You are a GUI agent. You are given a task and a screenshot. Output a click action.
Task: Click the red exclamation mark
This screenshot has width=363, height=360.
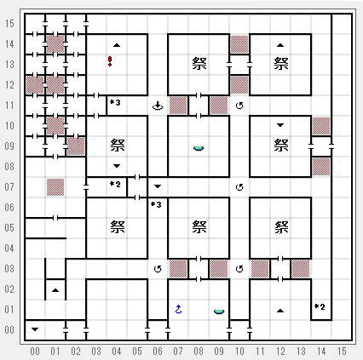110,61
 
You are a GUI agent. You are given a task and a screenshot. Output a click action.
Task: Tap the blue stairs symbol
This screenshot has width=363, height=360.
178,309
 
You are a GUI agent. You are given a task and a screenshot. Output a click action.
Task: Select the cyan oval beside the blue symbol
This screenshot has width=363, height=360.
219,311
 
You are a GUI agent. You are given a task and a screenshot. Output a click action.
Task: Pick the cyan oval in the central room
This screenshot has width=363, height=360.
199,148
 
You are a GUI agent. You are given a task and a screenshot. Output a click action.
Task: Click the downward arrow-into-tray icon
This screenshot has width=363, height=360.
158,106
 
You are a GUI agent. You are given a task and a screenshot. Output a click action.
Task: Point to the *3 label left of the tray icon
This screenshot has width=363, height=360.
115,102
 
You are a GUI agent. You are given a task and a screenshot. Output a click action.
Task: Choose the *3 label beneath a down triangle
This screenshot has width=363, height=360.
156,204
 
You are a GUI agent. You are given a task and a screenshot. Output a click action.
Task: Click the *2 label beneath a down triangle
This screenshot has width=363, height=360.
115,185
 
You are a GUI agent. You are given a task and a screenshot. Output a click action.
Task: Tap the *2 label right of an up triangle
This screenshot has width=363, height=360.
320,306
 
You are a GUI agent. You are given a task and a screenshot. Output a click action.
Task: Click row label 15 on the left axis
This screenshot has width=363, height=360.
9,24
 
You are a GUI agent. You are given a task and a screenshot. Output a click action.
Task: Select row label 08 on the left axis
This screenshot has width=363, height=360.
9,167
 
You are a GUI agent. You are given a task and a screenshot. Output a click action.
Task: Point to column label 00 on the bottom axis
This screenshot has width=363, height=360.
35,351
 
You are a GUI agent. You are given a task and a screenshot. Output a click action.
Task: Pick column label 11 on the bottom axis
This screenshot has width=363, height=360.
260,351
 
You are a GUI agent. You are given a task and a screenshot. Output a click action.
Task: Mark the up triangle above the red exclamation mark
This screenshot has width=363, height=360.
117,45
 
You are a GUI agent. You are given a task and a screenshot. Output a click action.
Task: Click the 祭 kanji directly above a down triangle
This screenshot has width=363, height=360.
118,146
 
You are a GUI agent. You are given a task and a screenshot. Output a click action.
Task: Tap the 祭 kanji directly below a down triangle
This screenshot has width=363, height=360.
281,145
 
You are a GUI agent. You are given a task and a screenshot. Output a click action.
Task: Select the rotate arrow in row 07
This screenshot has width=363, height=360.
239,187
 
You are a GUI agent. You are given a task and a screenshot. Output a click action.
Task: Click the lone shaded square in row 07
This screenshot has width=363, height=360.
55,187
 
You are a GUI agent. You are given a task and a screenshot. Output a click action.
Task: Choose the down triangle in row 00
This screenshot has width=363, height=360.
35,329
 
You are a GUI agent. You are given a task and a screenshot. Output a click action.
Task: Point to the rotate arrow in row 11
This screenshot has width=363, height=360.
239,106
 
